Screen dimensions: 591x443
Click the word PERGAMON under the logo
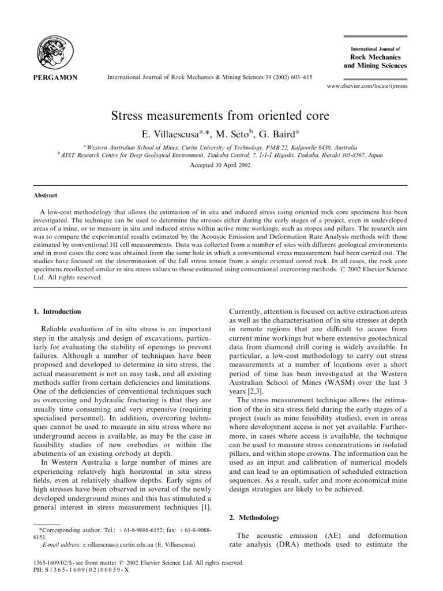pyautogui.click(x=57, y=76)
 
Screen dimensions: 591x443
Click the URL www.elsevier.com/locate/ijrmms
pyautogui.click(x=367, y=85)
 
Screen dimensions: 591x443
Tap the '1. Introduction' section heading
pyautogui.click(x=57, y=312)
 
